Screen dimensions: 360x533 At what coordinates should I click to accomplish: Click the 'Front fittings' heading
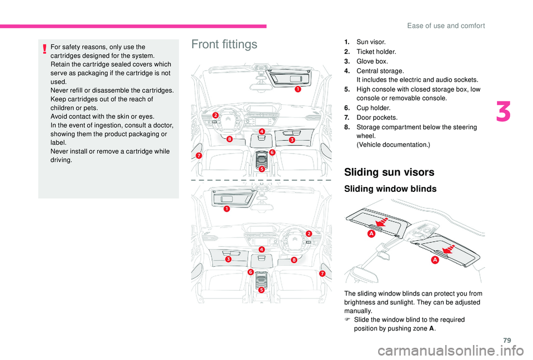pos(224,44)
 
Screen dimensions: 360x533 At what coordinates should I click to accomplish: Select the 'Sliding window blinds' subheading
pos(390,189)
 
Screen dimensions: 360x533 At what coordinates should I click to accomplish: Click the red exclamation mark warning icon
pos(43,49)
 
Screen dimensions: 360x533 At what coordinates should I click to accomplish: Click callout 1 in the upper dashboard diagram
pos(298,89)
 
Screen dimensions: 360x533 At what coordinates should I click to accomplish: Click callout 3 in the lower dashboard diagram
pos(228,259)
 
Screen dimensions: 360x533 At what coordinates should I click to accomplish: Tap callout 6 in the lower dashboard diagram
pos(250,272)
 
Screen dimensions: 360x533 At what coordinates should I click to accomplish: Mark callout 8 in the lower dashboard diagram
pos(294,260)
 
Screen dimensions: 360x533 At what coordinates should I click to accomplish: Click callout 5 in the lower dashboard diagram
pos(262,289)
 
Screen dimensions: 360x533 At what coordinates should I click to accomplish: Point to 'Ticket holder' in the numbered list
pos(376,52)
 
